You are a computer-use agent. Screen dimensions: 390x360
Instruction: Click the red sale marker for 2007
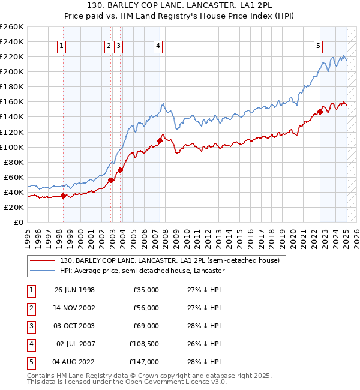[160, 140]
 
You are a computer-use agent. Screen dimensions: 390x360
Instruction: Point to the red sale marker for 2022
[320, 111]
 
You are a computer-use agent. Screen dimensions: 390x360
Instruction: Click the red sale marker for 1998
[64, 196]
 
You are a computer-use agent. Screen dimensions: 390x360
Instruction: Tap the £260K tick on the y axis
[12, 27]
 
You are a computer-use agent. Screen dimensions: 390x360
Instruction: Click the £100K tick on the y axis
[12, 147]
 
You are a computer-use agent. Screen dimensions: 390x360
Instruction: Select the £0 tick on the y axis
[19, 222]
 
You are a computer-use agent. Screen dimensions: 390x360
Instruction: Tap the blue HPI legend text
[142, 271]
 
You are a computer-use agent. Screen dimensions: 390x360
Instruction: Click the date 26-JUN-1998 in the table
[74, 290]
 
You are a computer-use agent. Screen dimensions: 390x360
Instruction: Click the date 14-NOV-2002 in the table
[74, 308]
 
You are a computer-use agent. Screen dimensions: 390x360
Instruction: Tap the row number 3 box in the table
[31, 326]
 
